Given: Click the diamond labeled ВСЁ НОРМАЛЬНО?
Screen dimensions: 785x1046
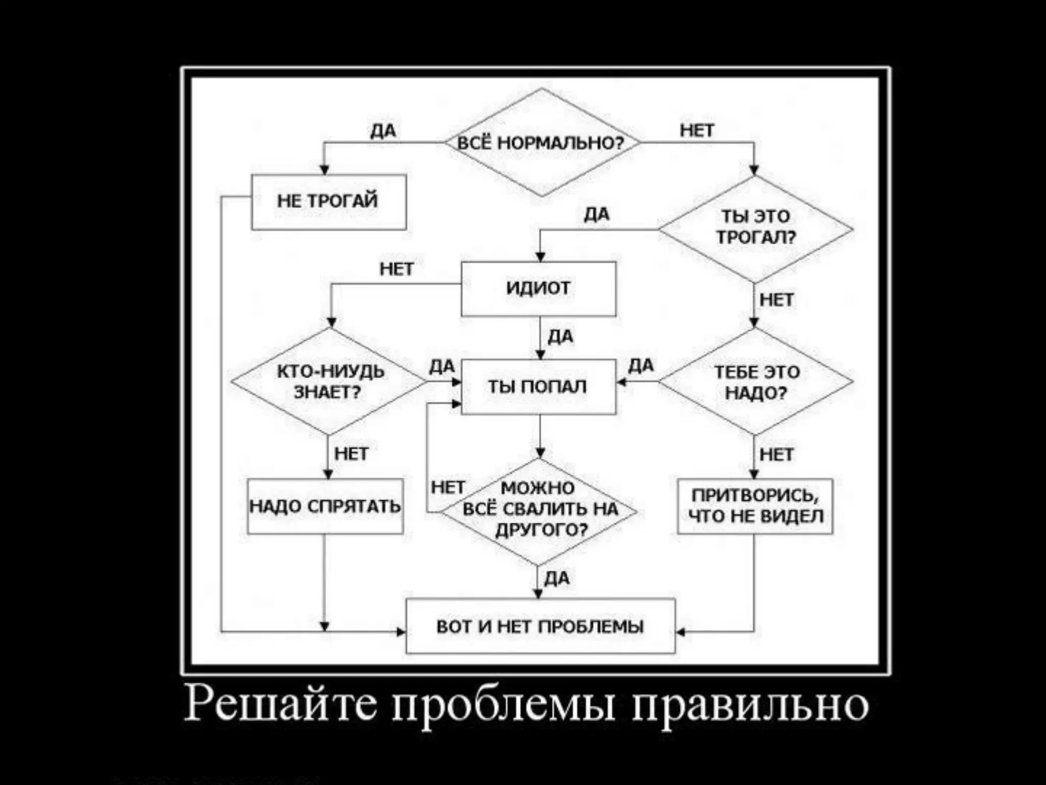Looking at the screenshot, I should tap(541, 143).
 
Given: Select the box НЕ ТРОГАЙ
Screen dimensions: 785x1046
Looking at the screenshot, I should tap(328, 202).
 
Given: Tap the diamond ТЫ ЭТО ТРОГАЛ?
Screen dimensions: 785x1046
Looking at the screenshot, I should tap(755, 228).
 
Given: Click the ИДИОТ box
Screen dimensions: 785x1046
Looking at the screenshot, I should tap(538, 289).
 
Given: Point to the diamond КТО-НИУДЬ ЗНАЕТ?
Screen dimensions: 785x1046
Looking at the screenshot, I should tap(329, 381).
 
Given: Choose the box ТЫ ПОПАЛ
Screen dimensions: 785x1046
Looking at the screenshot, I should tap(538, 387).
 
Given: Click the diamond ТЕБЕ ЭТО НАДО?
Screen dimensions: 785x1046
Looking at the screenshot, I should tap(755, 382).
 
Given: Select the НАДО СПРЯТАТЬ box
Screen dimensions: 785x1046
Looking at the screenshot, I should tap(325, 506).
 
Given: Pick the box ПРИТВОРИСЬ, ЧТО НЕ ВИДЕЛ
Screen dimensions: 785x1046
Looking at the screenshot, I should tap(755, 506).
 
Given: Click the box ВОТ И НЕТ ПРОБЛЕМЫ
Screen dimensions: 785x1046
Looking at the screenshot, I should tap(540, 626).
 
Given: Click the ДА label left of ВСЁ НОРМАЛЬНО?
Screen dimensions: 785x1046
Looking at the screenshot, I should tap(383, 131).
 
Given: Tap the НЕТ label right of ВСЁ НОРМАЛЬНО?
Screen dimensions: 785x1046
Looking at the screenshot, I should tap(697, 131).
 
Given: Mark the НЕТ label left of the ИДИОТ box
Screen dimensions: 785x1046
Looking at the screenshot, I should tap(396, 269).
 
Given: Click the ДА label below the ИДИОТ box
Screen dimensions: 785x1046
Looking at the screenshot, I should tap(560, 337).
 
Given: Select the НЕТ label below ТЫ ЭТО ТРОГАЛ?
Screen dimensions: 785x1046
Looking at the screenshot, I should tap(776, 300).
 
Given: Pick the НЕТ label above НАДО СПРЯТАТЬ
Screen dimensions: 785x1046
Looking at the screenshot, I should tap(351, 454).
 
